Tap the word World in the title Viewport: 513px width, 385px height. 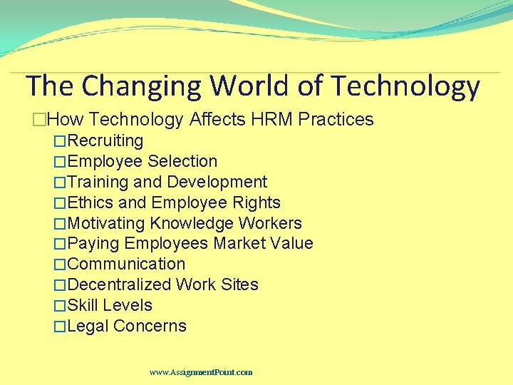[x=249, y=86]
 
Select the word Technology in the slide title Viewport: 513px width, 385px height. [x=405, y=86]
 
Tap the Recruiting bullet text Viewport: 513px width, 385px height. [x=105, y=140]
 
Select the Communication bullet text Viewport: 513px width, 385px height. [x=126, y=264]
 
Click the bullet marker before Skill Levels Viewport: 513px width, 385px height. [x=60, y=306]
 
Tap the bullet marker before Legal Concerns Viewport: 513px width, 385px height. [x=60, y=327]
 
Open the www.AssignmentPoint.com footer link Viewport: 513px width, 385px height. [x=201, y=372]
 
